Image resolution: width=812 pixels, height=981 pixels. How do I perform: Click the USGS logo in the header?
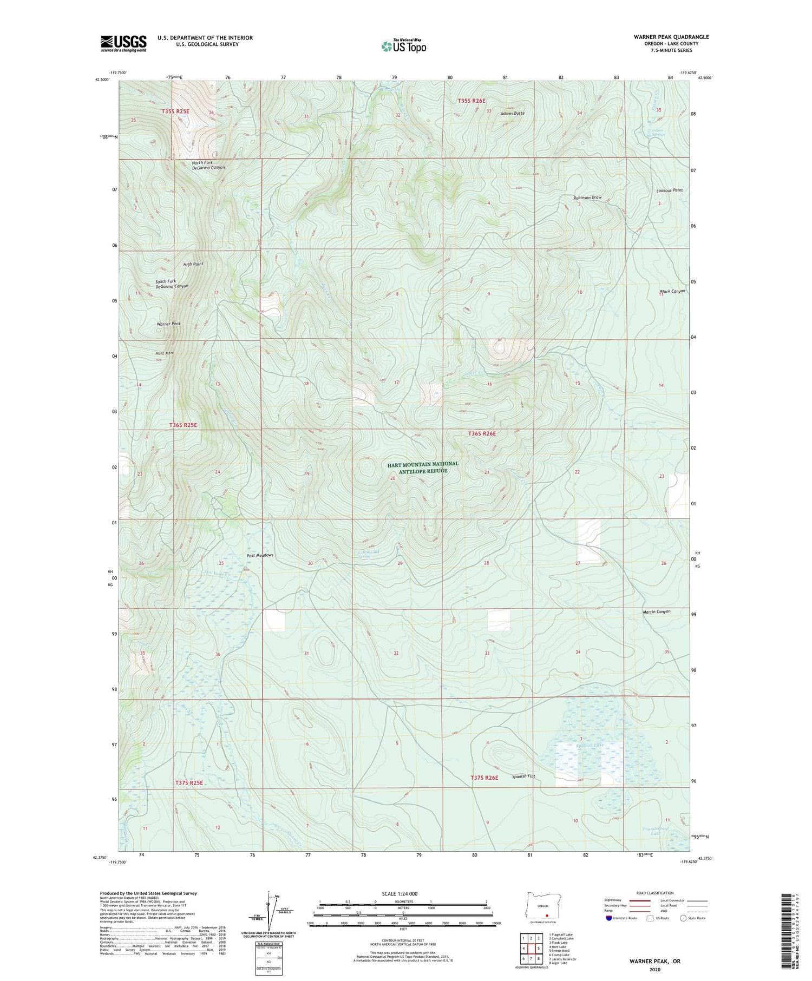pyautogui.click(x=123, y=43)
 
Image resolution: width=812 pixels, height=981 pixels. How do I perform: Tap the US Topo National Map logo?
pyautogui.click(x=403, y=47)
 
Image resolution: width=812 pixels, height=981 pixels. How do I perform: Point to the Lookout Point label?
pyautogui.click(x=669, y=190)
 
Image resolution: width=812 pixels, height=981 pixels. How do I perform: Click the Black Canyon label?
pyautogui.click(x=672, y=291)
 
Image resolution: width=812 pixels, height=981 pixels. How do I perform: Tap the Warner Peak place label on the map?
pyautogui.click(x=168, y=324)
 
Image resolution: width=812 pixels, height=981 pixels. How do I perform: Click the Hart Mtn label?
pyautogui.click(x=163, y=353)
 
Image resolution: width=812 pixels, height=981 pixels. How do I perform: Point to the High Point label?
pyautogui.click(x=193, y=264)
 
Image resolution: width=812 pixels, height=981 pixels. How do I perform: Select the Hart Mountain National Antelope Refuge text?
pyautogui.click(x=423, y=467)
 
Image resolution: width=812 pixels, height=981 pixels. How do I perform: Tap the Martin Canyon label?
pyautogui.click(x=657, y=612)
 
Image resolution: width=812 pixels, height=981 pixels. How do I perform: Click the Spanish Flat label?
pyautogui.click(x=523, y=777)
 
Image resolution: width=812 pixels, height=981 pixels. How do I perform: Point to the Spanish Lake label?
pyautogui.click(x=588, y=746)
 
